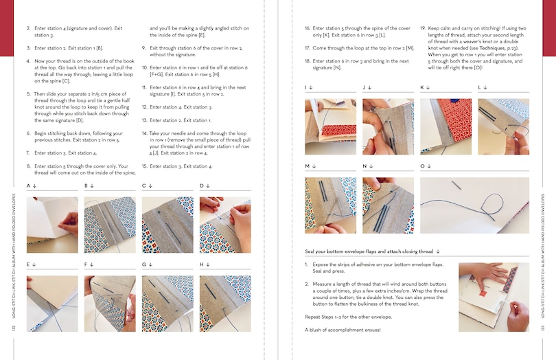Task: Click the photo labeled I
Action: tap(330, 126)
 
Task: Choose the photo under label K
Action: tap(445, 126)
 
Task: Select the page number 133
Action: tap(542, 330)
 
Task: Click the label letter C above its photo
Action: tap(144, 186)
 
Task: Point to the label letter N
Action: tap(364, 166)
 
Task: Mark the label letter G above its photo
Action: tap(144, 264)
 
